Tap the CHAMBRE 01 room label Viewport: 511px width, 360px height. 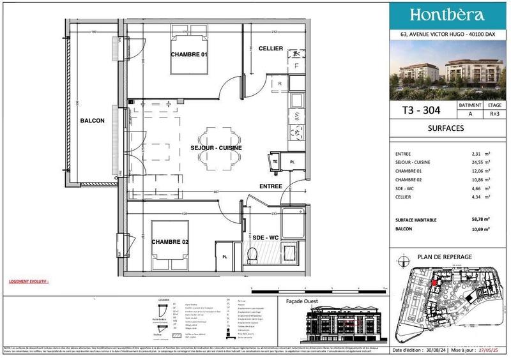(x=189, y=55)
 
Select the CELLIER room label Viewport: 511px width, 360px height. (x=271, y=49)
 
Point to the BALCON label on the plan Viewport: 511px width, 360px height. (x=92, y=120)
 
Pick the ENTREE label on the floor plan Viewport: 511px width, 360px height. (x=271, y=186)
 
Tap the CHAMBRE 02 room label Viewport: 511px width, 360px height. (x=170, y=242)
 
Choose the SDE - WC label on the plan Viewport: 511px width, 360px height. (x=266, y=237)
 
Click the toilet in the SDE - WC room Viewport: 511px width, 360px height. (x=252, y=255)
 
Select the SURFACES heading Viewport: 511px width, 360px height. (x=446, y=128)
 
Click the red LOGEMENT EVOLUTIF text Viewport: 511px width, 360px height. (x=28, y=281)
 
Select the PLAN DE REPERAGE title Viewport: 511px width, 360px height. (x=445, y=257)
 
